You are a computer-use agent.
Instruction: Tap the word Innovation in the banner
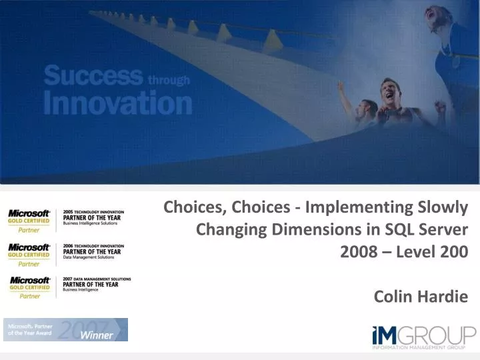point(117,104)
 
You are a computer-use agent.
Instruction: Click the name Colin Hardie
point(421,296)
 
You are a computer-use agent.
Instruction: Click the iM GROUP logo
point(423,333)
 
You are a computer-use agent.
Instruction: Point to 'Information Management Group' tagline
point(424,347)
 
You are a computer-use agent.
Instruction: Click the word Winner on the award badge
point(97,335)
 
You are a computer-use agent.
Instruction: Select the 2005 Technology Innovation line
point(93,211)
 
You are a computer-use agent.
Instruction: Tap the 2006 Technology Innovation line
point(93,245)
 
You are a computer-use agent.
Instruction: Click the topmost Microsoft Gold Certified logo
point(29,217)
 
